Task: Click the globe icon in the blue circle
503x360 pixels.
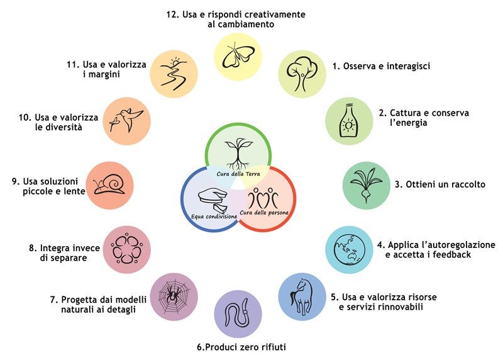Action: [349, 249]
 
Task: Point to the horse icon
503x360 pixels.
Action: [302, 296]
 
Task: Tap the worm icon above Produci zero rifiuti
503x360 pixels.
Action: [238, 314]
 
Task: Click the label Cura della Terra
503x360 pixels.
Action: [240, 174]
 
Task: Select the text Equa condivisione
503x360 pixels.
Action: [214, 216]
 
